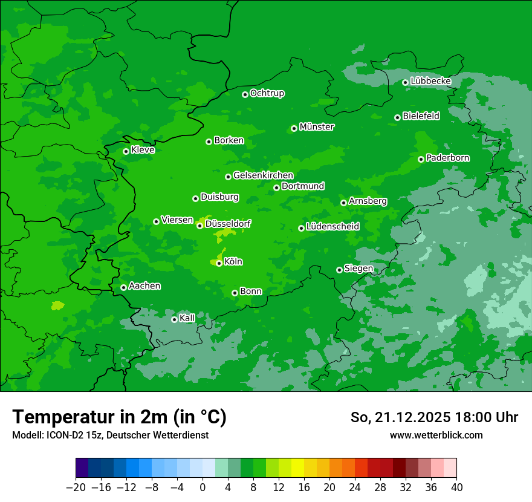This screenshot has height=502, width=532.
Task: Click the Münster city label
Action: point(316,127)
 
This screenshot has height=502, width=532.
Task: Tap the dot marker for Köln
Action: point(219,263)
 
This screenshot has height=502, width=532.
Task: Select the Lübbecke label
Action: point(430,81)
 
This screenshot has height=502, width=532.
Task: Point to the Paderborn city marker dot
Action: point(421,159)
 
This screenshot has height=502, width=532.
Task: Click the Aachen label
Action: point(144,286)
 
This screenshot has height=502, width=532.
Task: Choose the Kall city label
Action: point(187,318)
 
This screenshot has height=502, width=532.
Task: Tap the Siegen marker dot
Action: point(339,270)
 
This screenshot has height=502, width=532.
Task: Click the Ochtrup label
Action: point(267,93)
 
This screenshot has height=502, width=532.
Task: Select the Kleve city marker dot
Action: point(126,151)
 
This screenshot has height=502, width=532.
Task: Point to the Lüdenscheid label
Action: point(332,227)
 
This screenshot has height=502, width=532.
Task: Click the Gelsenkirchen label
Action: point(263,175)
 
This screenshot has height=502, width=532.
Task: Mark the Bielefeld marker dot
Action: point(397,117)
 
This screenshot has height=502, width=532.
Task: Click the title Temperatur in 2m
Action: point(119,417)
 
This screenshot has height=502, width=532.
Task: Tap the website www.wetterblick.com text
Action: point(436,435)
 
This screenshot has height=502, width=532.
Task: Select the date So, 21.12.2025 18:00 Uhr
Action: point(434,417)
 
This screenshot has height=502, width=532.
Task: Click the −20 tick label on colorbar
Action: point(76,487)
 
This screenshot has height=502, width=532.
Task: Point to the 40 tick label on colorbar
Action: point(456,487)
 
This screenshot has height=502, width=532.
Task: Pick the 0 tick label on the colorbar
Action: point(203,487)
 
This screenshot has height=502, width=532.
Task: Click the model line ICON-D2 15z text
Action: point(110,435)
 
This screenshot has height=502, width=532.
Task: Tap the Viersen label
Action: point(177,220)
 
